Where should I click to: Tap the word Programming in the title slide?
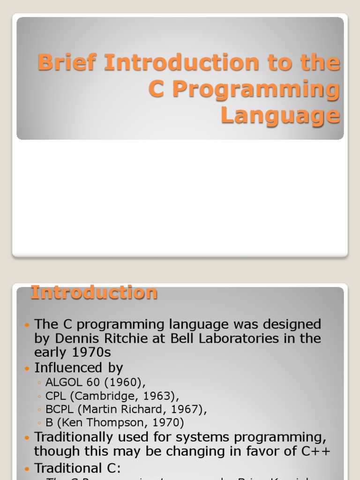[255, 89]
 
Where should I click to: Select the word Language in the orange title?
[280, 115]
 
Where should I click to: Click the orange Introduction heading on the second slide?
[94, 292]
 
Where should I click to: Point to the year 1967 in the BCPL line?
[187, 409]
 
